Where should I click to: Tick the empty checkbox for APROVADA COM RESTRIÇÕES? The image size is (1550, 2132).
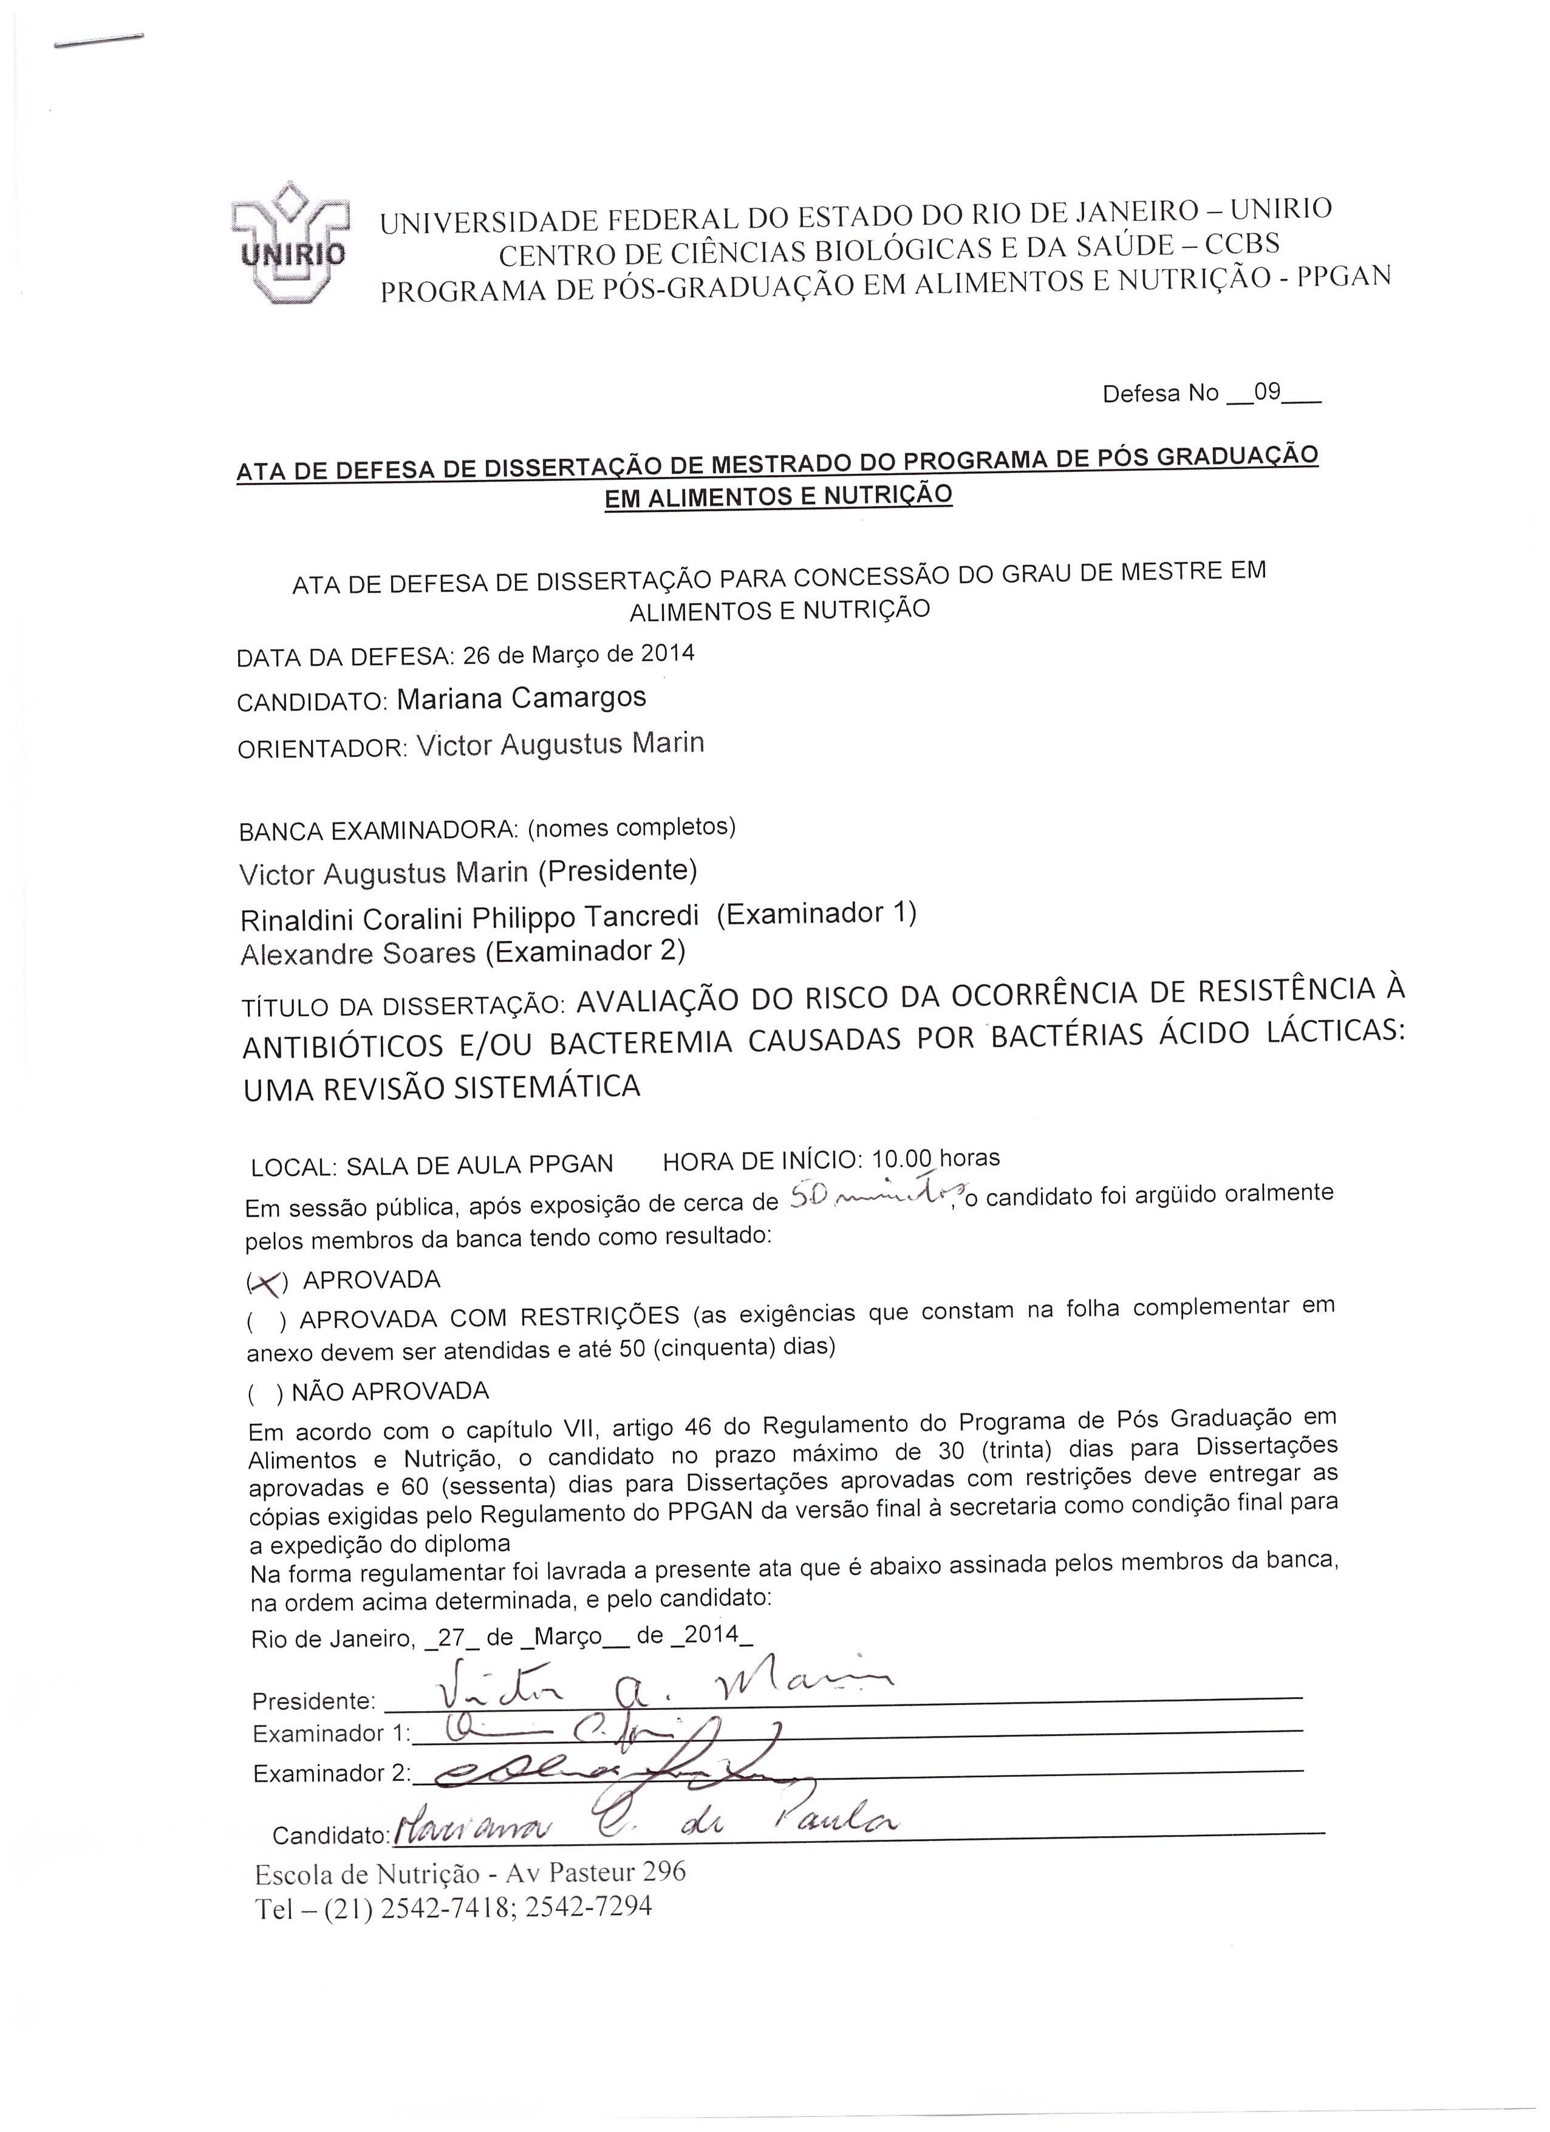(x=266, y=1322)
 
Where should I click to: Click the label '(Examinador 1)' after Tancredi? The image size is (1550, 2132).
(x=816, y=913)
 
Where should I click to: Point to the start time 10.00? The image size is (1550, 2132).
(x=905, y=1158)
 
